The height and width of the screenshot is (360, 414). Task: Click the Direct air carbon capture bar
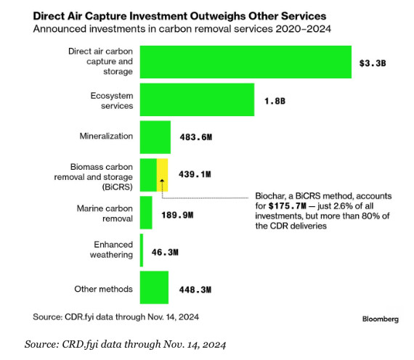[245, 62]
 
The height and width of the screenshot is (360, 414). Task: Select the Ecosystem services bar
[197, 99]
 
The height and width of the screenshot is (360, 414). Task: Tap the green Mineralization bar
[155, 137]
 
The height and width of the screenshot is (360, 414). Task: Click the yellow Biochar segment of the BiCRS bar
[163, 175]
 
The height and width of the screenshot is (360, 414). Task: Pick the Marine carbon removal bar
[146, 213]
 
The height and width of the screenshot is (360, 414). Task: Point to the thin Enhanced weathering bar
[142, 250]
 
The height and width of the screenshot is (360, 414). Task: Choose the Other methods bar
[154, 287]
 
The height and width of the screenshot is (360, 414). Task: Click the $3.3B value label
[373, 63]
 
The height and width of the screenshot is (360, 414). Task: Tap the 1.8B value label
[275, 101]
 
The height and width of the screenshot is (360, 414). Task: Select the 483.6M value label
[196, 137]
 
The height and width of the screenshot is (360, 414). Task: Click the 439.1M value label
[195, 174]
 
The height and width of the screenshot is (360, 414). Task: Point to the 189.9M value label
[177, 215]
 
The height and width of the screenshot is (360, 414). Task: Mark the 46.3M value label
[165, 253]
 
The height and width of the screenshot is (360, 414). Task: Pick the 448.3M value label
[195, 290]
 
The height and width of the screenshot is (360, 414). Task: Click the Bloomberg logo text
[381, 319]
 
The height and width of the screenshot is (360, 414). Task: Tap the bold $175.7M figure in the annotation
[288, 206]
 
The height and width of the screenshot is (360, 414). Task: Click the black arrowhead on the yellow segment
[163, 181]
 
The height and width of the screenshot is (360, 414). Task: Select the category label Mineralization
[106, 136]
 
